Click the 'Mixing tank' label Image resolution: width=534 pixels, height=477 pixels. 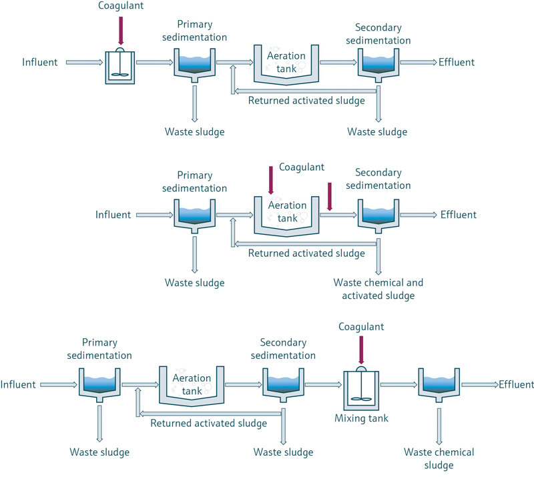[361, 418]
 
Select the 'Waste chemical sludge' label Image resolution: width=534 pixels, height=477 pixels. [439, 458]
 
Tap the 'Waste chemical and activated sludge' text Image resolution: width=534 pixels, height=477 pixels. [378, 289]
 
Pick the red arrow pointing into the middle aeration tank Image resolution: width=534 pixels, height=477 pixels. [270, 181]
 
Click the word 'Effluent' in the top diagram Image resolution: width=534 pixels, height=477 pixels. [457, 63]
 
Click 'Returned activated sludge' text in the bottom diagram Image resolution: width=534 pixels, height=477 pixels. [209, 423]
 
